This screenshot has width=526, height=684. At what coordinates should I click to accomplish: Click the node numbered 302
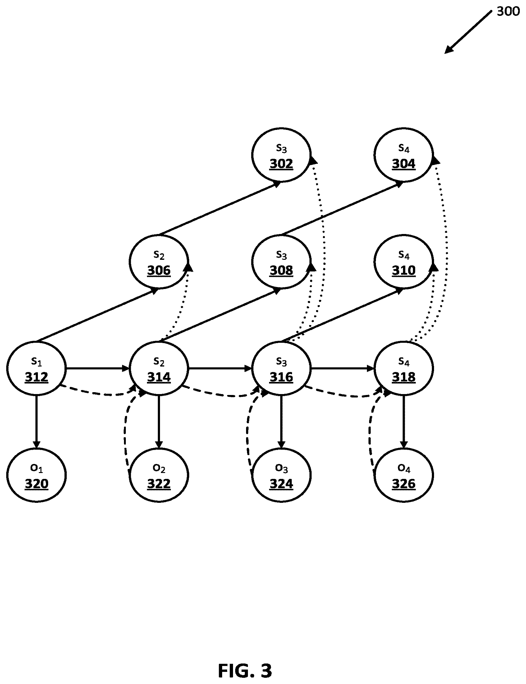281,155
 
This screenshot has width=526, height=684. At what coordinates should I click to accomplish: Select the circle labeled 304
403,155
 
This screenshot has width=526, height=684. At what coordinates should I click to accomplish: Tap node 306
159,261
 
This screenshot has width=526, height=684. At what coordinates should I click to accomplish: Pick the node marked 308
281,261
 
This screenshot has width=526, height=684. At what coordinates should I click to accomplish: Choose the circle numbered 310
403,261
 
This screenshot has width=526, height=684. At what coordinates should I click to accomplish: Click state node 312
36,368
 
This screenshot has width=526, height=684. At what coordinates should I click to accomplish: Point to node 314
159,368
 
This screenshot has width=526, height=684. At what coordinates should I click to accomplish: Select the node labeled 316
281,368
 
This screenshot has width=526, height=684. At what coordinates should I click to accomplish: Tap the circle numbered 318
403,368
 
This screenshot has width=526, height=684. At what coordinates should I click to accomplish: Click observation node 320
36,475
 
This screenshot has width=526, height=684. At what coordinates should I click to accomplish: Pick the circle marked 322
159,475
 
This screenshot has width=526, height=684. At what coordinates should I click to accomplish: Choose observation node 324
281,475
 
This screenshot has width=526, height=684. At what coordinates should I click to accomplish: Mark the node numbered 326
403,475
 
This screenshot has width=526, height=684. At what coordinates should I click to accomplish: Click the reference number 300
508,11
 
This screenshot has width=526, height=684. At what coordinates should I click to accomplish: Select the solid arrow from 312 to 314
98,368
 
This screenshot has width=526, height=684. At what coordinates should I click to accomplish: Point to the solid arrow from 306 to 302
220,208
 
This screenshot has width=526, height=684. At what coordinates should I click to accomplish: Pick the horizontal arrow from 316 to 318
342,368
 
